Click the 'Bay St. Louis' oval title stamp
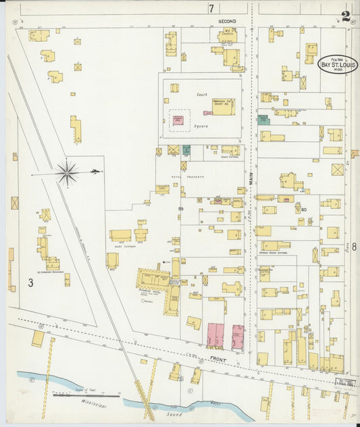[337, 65]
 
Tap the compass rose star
[68, 173]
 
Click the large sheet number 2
[346, 17]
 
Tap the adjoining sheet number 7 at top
[211, 8]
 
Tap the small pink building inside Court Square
[178, 120]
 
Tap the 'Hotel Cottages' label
[126, 246]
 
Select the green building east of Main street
[263, 120]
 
